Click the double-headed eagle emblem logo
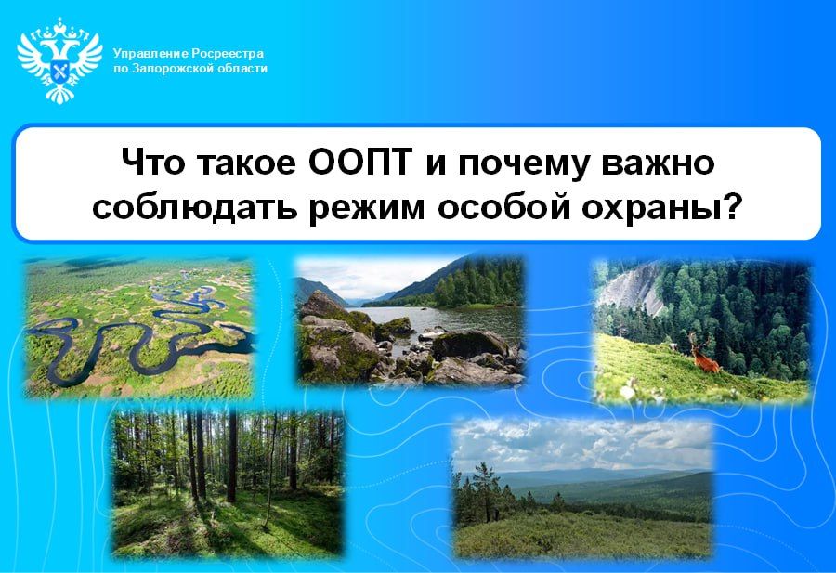click(59, 60)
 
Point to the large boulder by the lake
click(469, 345)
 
